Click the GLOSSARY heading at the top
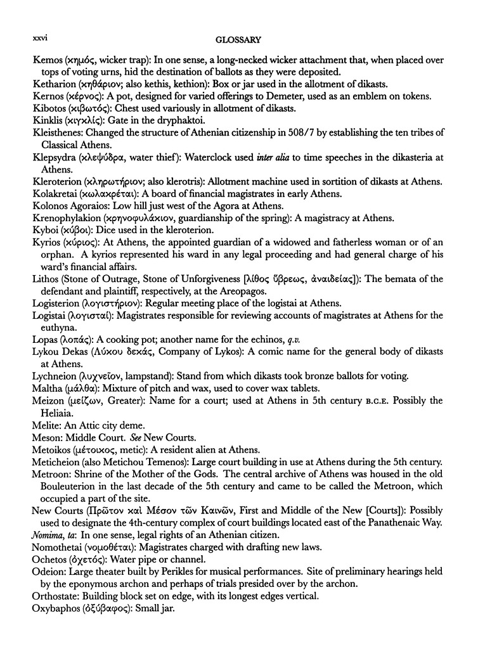[238, 40]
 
